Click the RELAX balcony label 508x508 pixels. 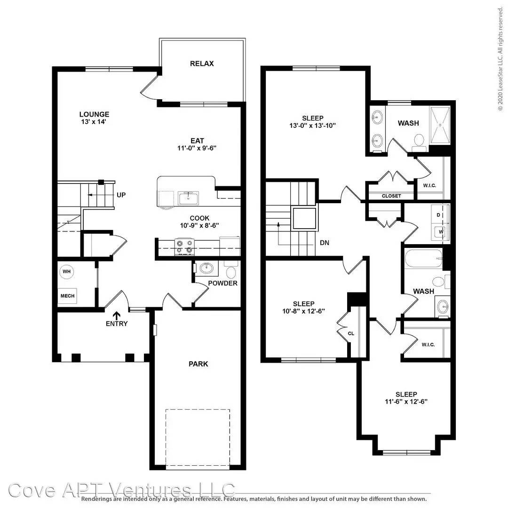[202, 63]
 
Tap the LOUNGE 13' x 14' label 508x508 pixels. [94, 118]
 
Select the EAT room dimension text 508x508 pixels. [197, 148]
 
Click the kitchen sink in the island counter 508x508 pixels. [188, 198]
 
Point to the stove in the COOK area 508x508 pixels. [185, 247]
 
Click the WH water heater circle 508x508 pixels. [67, 271]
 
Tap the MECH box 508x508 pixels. [67, 296]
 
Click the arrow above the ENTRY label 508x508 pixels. [116, 316]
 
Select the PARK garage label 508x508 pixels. [198, 364]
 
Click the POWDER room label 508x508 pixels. [222, 283]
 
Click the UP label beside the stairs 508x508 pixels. [121, 195]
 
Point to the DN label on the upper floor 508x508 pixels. [324, 242]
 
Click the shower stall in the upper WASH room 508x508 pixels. [440, 125]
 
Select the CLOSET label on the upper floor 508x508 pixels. [391, 196]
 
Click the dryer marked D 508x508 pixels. [440, 215]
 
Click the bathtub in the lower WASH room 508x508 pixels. [423, 258]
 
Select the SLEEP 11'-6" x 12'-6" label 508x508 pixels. [406, 398]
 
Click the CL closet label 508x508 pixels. [351, 333]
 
